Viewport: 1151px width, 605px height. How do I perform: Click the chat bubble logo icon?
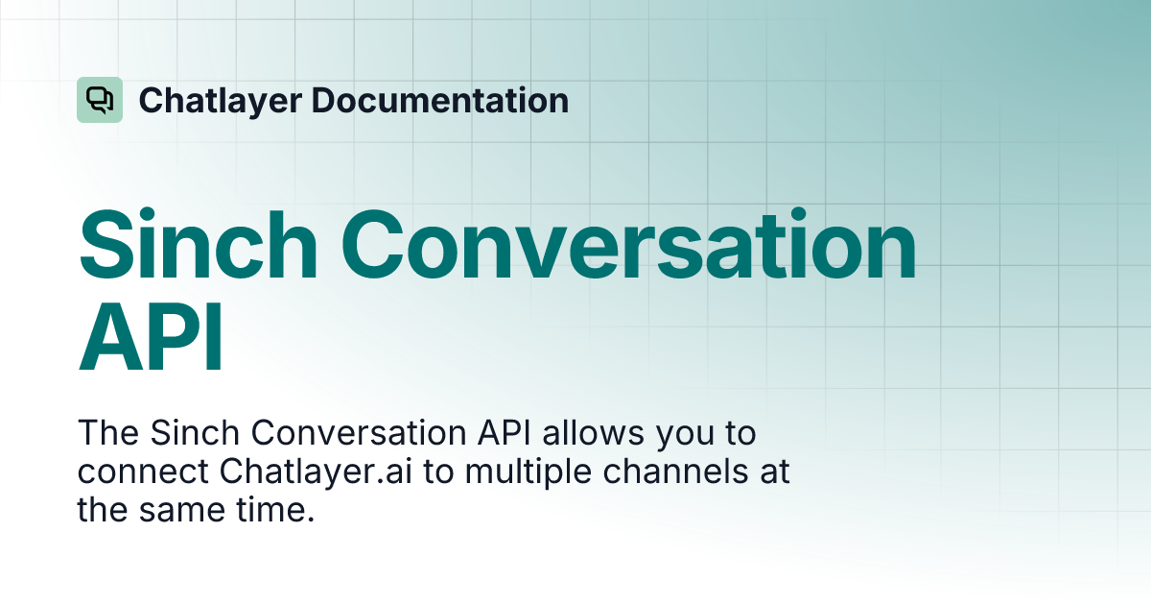tap(100, 100)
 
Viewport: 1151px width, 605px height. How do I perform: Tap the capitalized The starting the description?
tap(109, 434)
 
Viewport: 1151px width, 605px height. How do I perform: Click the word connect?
tap(143, 472)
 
